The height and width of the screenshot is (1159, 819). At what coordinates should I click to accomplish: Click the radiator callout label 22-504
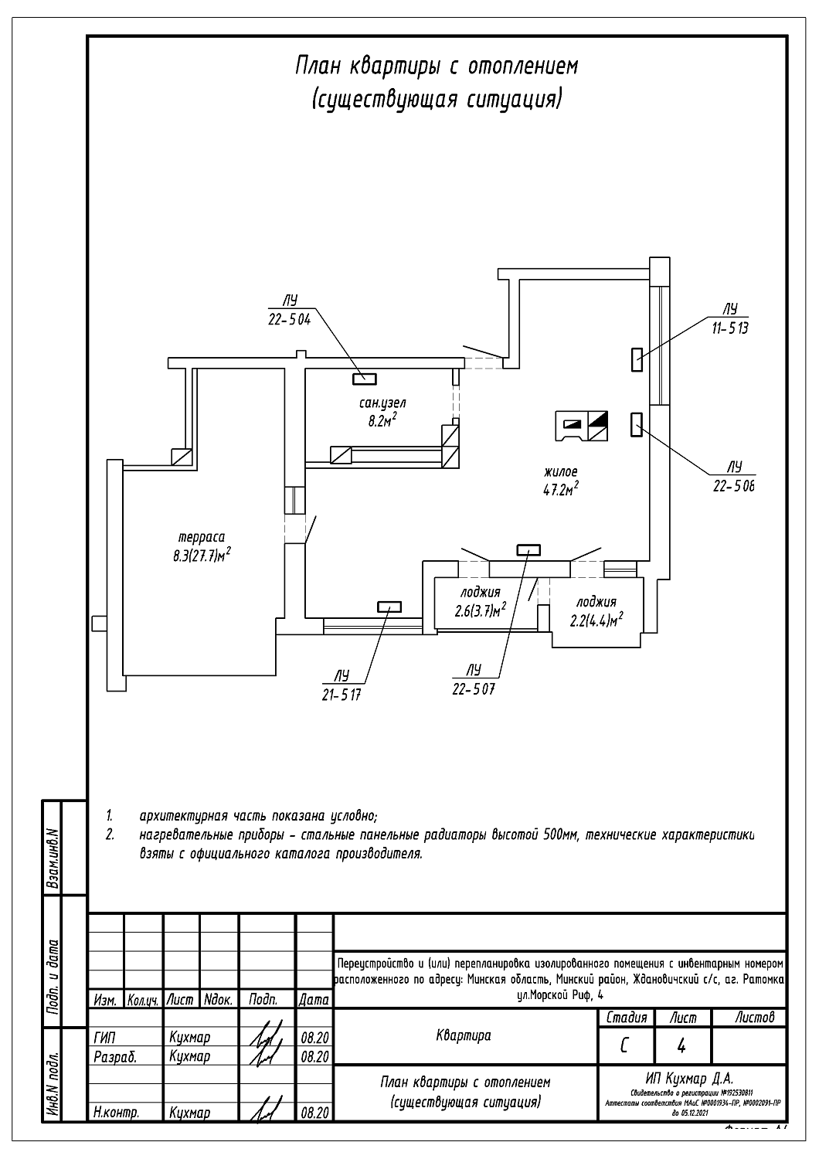pos(289,321)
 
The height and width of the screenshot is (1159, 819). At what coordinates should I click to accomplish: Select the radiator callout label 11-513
pos(730,328)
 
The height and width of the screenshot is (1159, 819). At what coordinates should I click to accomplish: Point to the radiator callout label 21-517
pos(342,694)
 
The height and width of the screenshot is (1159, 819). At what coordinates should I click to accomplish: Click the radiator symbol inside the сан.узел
pos(364,378)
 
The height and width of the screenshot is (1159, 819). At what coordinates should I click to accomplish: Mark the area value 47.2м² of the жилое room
pos(560,488)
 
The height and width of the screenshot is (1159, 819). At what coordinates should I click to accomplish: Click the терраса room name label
pos(202,537)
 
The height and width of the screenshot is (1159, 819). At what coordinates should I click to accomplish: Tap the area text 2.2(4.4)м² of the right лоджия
pos(596,619)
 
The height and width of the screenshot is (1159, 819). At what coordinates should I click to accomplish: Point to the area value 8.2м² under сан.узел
pos(382,420)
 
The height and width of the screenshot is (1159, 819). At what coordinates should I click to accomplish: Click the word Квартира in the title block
pos(464,1035)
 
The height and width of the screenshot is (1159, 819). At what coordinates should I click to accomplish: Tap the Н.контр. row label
pos(115,1113)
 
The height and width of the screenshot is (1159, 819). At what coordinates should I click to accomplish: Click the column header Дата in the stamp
pos(314,1000)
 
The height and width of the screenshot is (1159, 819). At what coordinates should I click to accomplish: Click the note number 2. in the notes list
pos(110,834)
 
